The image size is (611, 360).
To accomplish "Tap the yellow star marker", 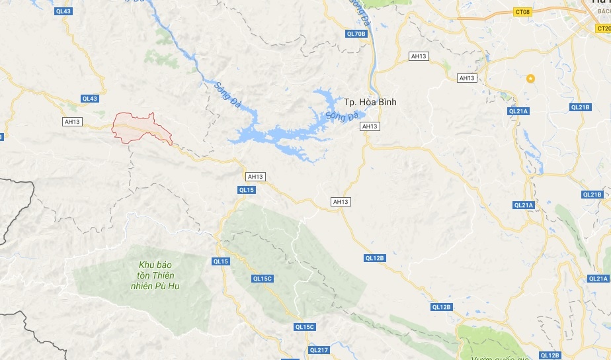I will pos(530,79).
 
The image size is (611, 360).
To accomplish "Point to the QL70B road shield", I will pos(356,33).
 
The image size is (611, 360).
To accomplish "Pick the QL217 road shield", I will pos(319,349).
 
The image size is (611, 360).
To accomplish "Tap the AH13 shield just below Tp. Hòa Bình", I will pos(370,126).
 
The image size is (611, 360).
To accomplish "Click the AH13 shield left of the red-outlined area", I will pos(72,122).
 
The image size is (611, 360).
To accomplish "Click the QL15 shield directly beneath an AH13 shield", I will pos(246,190).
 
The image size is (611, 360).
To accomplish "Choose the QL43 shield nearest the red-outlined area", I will pos(90,99).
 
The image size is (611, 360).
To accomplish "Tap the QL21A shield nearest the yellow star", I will pos(518,111).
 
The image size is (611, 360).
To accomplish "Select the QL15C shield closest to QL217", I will pos(305,327).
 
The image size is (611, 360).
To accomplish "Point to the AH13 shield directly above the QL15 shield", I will pos(255,177).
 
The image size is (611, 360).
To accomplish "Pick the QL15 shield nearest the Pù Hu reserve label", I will pos(222,261).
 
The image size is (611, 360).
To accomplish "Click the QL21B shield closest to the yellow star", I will pos(579,107).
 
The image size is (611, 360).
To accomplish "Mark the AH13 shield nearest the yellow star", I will pos(468,78).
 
